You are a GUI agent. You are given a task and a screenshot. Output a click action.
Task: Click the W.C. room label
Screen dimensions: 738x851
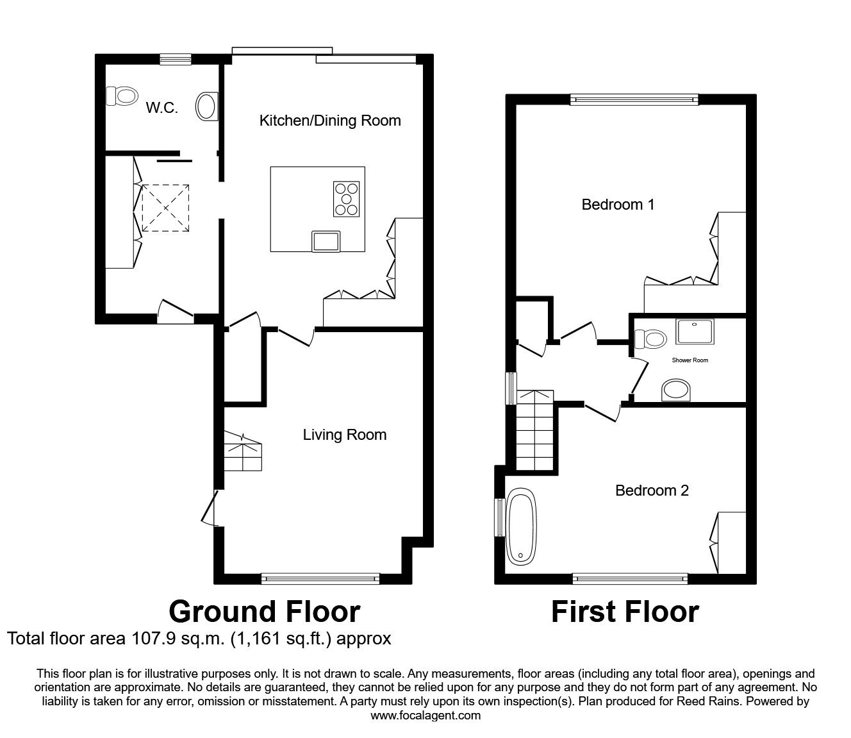pyautogui.click(x=161, y=108)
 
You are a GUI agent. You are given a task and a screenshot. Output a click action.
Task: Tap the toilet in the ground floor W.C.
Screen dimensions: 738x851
pyautogui.click(x=122, y=97)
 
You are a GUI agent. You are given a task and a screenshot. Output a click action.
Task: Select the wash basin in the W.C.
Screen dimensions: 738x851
pyautogui.click(x=207, y=106)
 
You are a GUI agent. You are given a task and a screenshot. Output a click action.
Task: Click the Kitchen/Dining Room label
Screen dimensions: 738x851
pyautogui.click(x=330, y=121)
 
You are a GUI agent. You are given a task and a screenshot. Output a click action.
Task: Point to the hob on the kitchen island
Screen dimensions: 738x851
pyautogui.click(x=347, y=198)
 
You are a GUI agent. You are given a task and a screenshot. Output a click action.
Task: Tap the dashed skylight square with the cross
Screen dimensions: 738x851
pyautogui.click(x=166, y=208)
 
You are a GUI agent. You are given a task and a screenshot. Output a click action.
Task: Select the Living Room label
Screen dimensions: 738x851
pyautogui.click(x=345, y=435)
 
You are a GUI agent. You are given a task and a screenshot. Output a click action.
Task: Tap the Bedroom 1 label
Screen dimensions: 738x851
pyautogui.click(x=618, y=205)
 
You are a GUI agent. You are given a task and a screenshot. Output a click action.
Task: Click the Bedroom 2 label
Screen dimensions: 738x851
pyautogui.click(x=652, y=491)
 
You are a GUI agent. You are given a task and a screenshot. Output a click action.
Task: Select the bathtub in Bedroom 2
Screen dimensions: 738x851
pyautogui.click(x=520, y=528)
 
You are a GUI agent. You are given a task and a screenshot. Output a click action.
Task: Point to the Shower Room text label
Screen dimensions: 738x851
pyautogui.click(x=690, y=360)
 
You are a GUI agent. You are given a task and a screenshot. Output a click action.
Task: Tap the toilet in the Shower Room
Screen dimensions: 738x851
pyautogui.click(x=649, y=339)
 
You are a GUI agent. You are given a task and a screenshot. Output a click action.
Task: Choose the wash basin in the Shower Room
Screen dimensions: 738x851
pyautogui.click(x=675, y=389)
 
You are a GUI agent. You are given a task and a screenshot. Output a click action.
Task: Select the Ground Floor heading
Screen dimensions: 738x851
pyautogui.click(x=264, y=612)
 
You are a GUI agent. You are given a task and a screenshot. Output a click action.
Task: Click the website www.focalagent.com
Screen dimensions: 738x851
pyautogui.click(x=425, y=716)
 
